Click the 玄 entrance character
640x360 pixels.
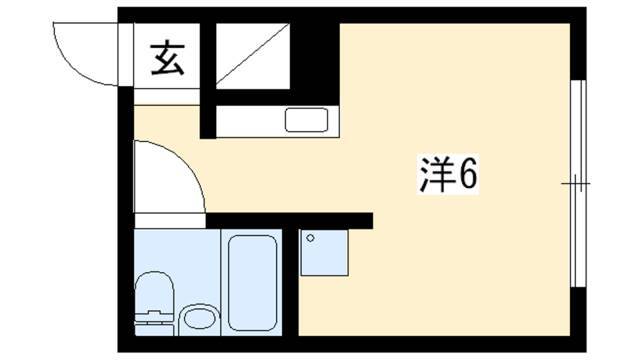pos(168,58)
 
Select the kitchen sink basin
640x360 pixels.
pos(307,120)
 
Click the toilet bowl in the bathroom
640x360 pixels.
pos(154,291)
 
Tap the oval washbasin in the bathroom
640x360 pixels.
pos(200,318)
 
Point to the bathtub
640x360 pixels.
pos(253,282)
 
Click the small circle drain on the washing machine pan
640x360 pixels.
pos(310,238)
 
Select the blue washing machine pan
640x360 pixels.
pos(324,253)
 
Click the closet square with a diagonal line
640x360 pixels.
pos(253,56)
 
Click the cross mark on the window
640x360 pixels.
pos(576,184)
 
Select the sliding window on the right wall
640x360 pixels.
pos(578,184)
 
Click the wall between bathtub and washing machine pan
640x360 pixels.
pos(290,282)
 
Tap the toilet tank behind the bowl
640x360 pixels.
pos(154,320)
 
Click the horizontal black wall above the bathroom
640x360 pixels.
pos(289,221)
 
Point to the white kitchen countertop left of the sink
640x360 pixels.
pos(250,121)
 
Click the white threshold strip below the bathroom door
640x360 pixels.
pos(170,221)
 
